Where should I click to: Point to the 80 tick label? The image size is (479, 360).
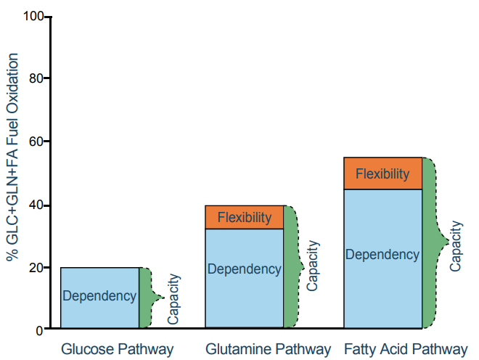pyautogui.click(x=36, y=78)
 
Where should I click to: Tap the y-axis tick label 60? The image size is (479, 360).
pyautogui.click(x=36, y=141)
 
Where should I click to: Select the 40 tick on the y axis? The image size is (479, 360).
pyautogui.click(x=36, y=205)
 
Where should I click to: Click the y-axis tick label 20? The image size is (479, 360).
pyautogui.click(x=36, y=268)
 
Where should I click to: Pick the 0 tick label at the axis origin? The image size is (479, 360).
pyautogui.click(x=39, y=330)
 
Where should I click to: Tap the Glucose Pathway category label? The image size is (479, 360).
pyautogui.click(x=118, y=349)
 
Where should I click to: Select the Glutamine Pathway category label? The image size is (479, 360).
pyautogui.click(x=269, y=349)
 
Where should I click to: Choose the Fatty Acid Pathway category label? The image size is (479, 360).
pyautogui.click(x=406, y=349)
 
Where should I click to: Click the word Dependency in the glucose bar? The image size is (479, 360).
pyautogui.click(x=99, y=296)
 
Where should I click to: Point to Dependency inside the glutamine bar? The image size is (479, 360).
pyautogui.click(x=245, y=269)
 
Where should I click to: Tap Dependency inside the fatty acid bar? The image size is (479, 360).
pyautogui.click(x=382, y=255)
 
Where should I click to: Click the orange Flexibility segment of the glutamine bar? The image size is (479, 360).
pyautogui.click(x=245, y=217)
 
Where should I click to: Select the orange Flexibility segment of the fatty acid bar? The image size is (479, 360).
pyautogui.click(x=382, y=174)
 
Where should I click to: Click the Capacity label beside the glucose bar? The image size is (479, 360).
pyautogui.click(x=173, y=298)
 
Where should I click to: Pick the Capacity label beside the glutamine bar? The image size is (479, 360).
pyautogui.click(x=313, y=266)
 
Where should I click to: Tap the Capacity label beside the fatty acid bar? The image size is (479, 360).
pyautogui.click(x=456, y=246)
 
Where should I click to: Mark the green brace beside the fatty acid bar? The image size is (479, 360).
pyautogui.click(x=432, y=243)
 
